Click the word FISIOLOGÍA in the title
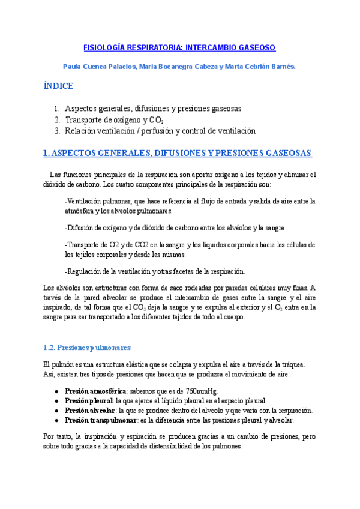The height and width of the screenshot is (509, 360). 103,47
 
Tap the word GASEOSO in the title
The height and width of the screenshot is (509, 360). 255,47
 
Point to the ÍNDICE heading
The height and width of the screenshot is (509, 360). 59,86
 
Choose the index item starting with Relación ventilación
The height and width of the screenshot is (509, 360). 160,130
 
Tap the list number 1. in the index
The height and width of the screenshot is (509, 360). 56,109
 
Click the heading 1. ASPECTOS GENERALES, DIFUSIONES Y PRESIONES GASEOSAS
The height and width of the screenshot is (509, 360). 178,153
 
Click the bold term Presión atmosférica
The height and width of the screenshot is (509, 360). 92,390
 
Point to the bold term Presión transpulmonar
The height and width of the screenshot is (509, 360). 97,421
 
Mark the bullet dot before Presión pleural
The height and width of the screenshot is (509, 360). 56,400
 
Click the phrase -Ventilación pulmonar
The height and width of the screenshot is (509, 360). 98,201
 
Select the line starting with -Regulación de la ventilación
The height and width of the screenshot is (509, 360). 155,271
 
